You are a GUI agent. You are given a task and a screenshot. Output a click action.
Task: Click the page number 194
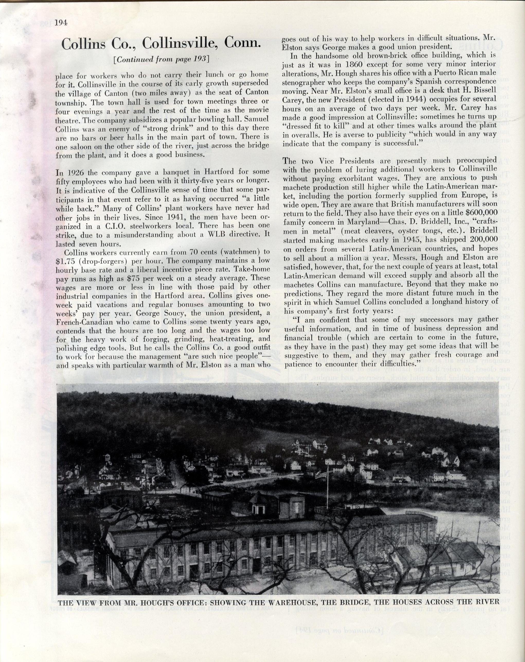61,23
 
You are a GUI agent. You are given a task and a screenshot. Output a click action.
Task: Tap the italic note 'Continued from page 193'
161,59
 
